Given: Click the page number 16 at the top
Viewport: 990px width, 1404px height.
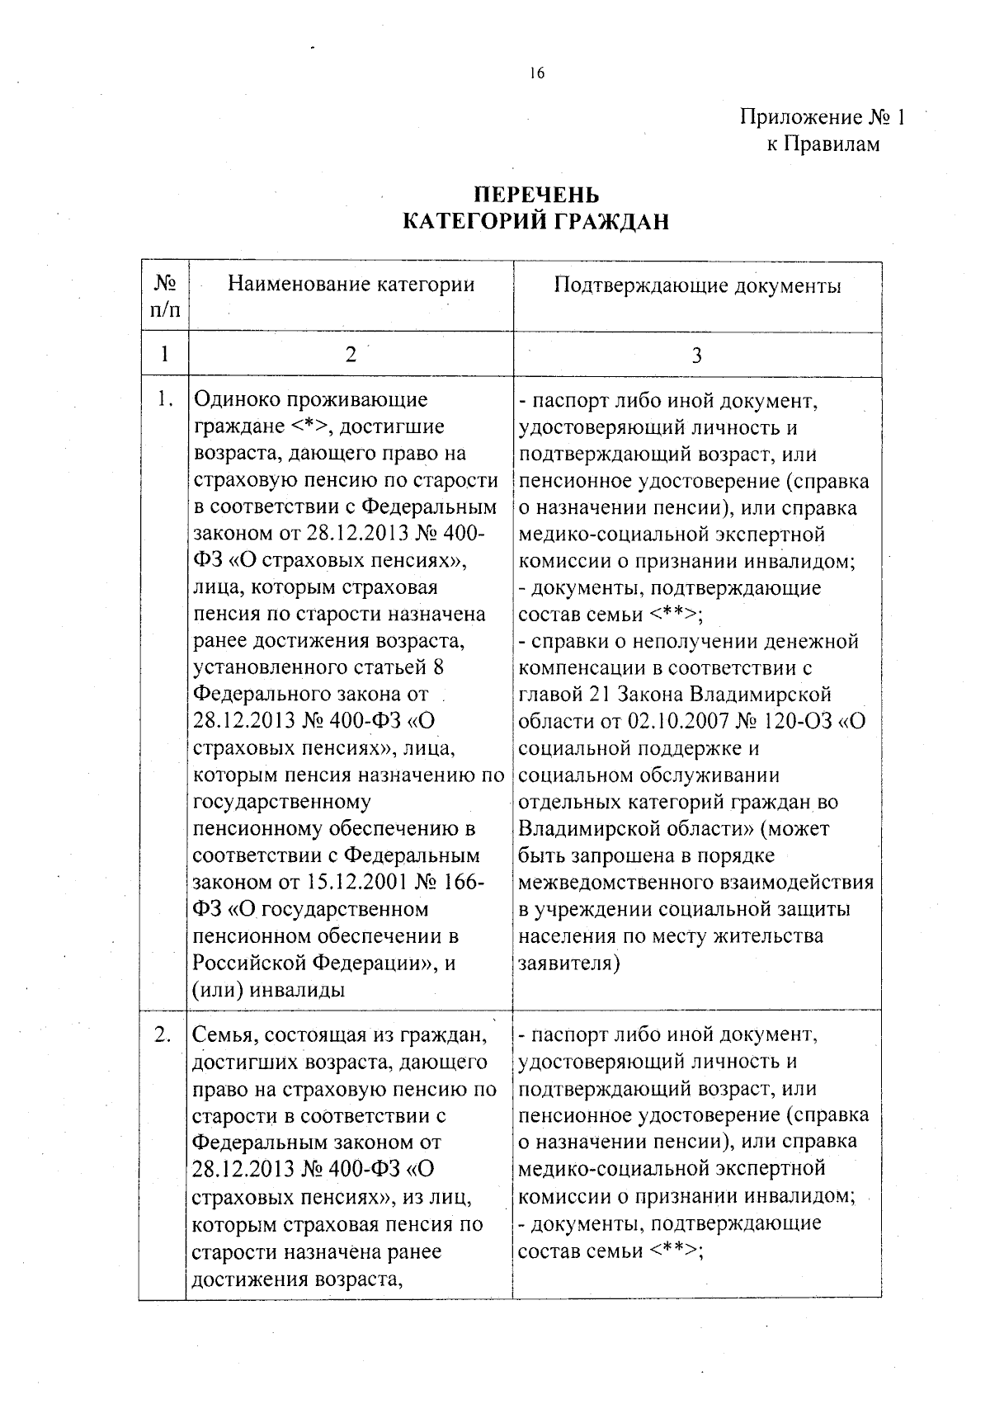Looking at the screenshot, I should click(537, 73).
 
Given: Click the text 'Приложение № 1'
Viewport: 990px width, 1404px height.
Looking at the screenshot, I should click(822, 118).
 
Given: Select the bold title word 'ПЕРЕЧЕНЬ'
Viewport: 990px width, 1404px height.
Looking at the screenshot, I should click(536, 195).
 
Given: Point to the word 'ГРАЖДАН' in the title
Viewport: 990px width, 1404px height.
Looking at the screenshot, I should click(615, 221).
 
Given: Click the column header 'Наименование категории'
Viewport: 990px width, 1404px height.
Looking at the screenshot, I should click(351, 285).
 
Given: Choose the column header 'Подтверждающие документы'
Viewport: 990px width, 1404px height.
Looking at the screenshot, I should click(697, 286).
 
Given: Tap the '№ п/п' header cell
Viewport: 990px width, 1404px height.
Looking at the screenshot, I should click(165, 297).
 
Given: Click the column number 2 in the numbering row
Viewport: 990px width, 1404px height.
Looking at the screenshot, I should click(351, 355).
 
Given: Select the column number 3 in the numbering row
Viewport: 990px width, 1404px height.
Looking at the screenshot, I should click(697, 356).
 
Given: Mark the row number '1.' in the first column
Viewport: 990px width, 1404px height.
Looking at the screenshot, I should click(165, 400).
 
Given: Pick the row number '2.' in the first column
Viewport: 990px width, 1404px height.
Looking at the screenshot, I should click(163, 1034).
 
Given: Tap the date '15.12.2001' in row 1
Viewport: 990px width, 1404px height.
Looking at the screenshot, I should click(358, 883).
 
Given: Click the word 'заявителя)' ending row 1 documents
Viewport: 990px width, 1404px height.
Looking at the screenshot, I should click(568, 963).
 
